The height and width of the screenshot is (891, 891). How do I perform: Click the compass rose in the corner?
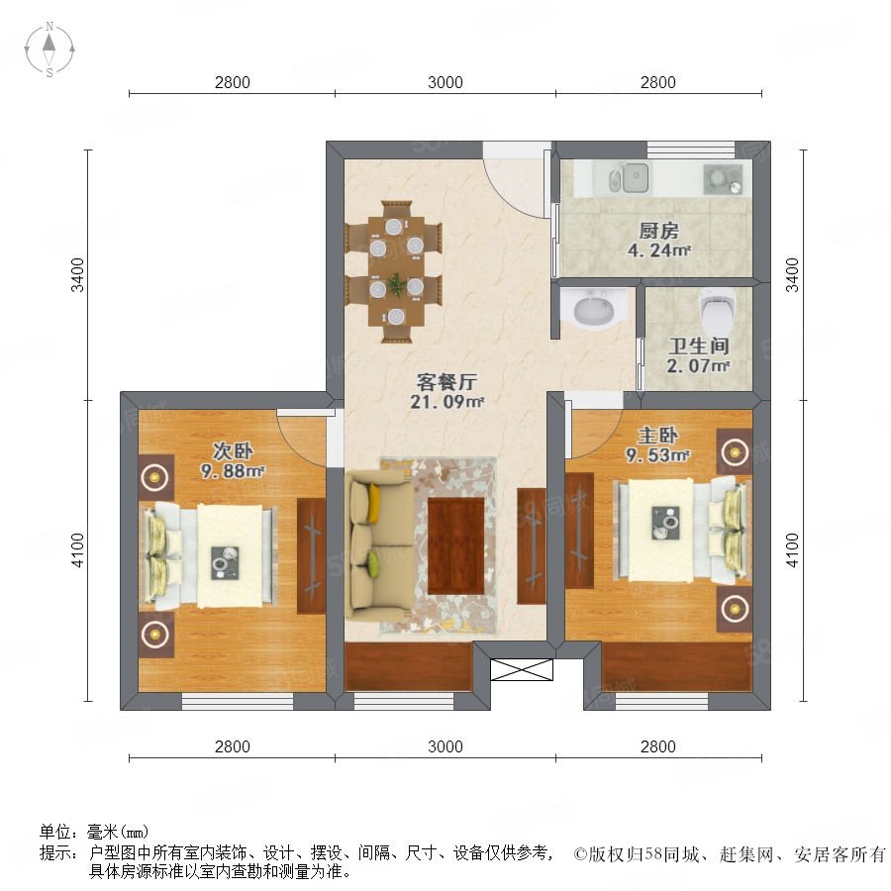[49, 49]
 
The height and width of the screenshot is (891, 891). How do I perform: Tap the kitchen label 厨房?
[658, 231]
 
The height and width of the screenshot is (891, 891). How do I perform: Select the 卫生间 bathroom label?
[698, 346]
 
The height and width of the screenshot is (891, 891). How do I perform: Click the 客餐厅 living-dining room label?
[446, 382]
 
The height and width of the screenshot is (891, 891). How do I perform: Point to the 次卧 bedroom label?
[233, 451]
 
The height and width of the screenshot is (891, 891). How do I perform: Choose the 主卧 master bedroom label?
[658, 436]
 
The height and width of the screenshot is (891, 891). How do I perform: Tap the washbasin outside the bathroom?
[595, 309]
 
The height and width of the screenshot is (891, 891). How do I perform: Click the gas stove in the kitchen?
[723, 179]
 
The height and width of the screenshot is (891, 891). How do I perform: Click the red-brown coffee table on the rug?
[455, 546]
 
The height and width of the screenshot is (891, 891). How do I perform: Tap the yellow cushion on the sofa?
[373, 502]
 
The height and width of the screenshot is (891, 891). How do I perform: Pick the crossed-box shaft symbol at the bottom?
[522, 669]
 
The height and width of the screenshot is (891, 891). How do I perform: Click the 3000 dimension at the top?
[445, 82]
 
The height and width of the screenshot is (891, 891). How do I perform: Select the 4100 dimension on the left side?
[77, 550]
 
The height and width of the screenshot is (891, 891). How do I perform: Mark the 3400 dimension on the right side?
[792, 275]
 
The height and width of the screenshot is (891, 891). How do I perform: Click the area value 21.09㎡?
[446, 402]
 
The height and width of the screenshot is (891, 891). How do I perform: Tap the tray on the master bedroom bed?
[665, 523]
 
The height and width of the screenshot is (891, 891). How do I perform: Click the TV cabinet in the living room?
[532, 546]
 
